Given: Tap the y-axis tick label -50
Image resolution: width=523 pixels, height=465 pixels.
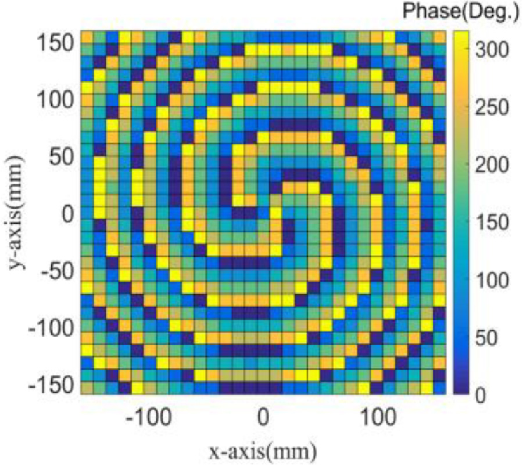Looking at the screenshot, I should pos(56,271).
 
